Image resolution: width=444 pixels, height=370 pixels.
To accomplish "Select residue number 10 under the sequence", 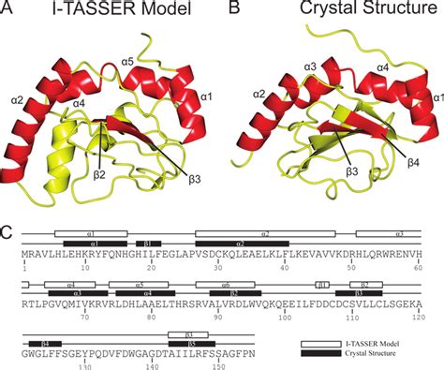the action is pos(84,268).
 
